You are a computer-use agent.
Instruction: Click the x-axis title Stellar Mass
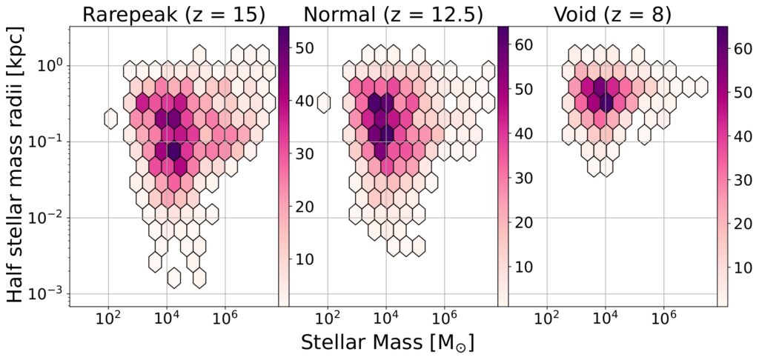coord(388,343)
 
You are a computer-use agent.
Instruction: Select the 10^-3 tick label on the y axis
coord(44,294)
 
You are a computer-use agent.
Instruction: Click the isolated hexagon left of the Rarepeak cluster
coord(111,119)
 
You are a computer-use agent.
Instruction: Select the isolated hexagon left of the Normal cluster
coord(323,102)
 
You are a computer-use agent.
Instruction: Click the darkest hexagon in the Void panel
coord(606,102)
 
